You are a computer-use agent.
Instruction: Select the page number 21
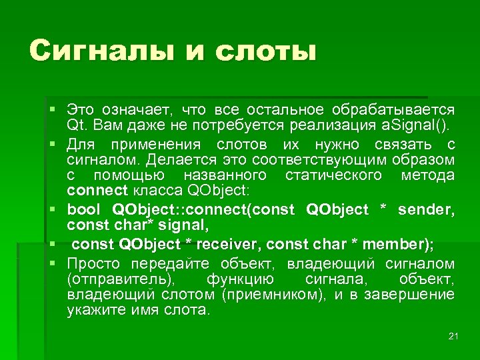tap(453, 335)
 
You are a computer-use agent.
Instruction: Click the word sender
tap(425, 210)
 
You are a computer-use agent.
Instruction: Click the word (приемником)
tap(274, 295)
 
